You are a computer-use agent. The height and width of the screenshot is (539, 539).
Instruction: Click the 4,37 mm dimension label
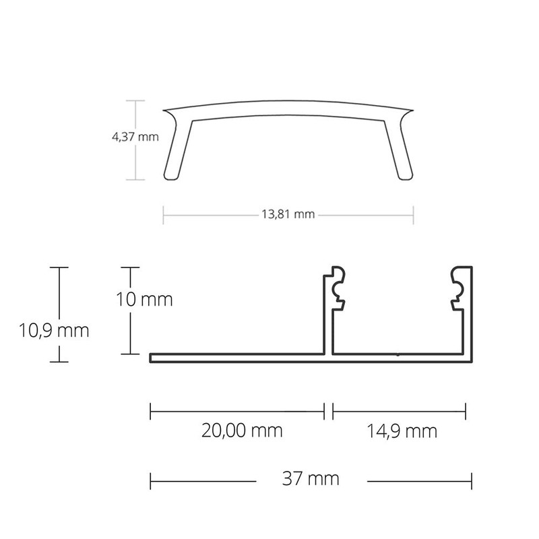coord(135,137)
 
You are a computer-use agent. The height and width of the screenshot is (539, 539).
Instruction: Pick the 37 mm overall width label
coord(311,480)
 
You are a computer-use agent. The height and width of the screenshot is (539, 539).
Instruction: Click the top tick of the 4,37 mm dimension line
coord(136,101)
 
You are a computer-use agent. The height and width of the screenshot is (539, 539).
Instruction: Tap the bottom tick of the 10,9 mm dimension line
coord(59,362)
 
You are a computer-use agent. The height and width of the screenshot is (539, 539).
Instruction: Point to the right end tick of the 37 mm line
coord(471,480)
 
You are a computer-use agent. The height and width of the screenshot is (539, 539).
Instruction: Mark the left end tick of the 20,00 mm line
coord(150,410)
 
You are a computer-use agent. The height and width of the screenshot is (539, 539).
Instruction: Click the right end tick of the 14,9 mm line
coord(465,410)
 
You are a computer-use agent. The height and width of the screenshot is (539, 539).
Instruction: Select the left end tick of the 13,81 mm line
coord(163,215)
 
